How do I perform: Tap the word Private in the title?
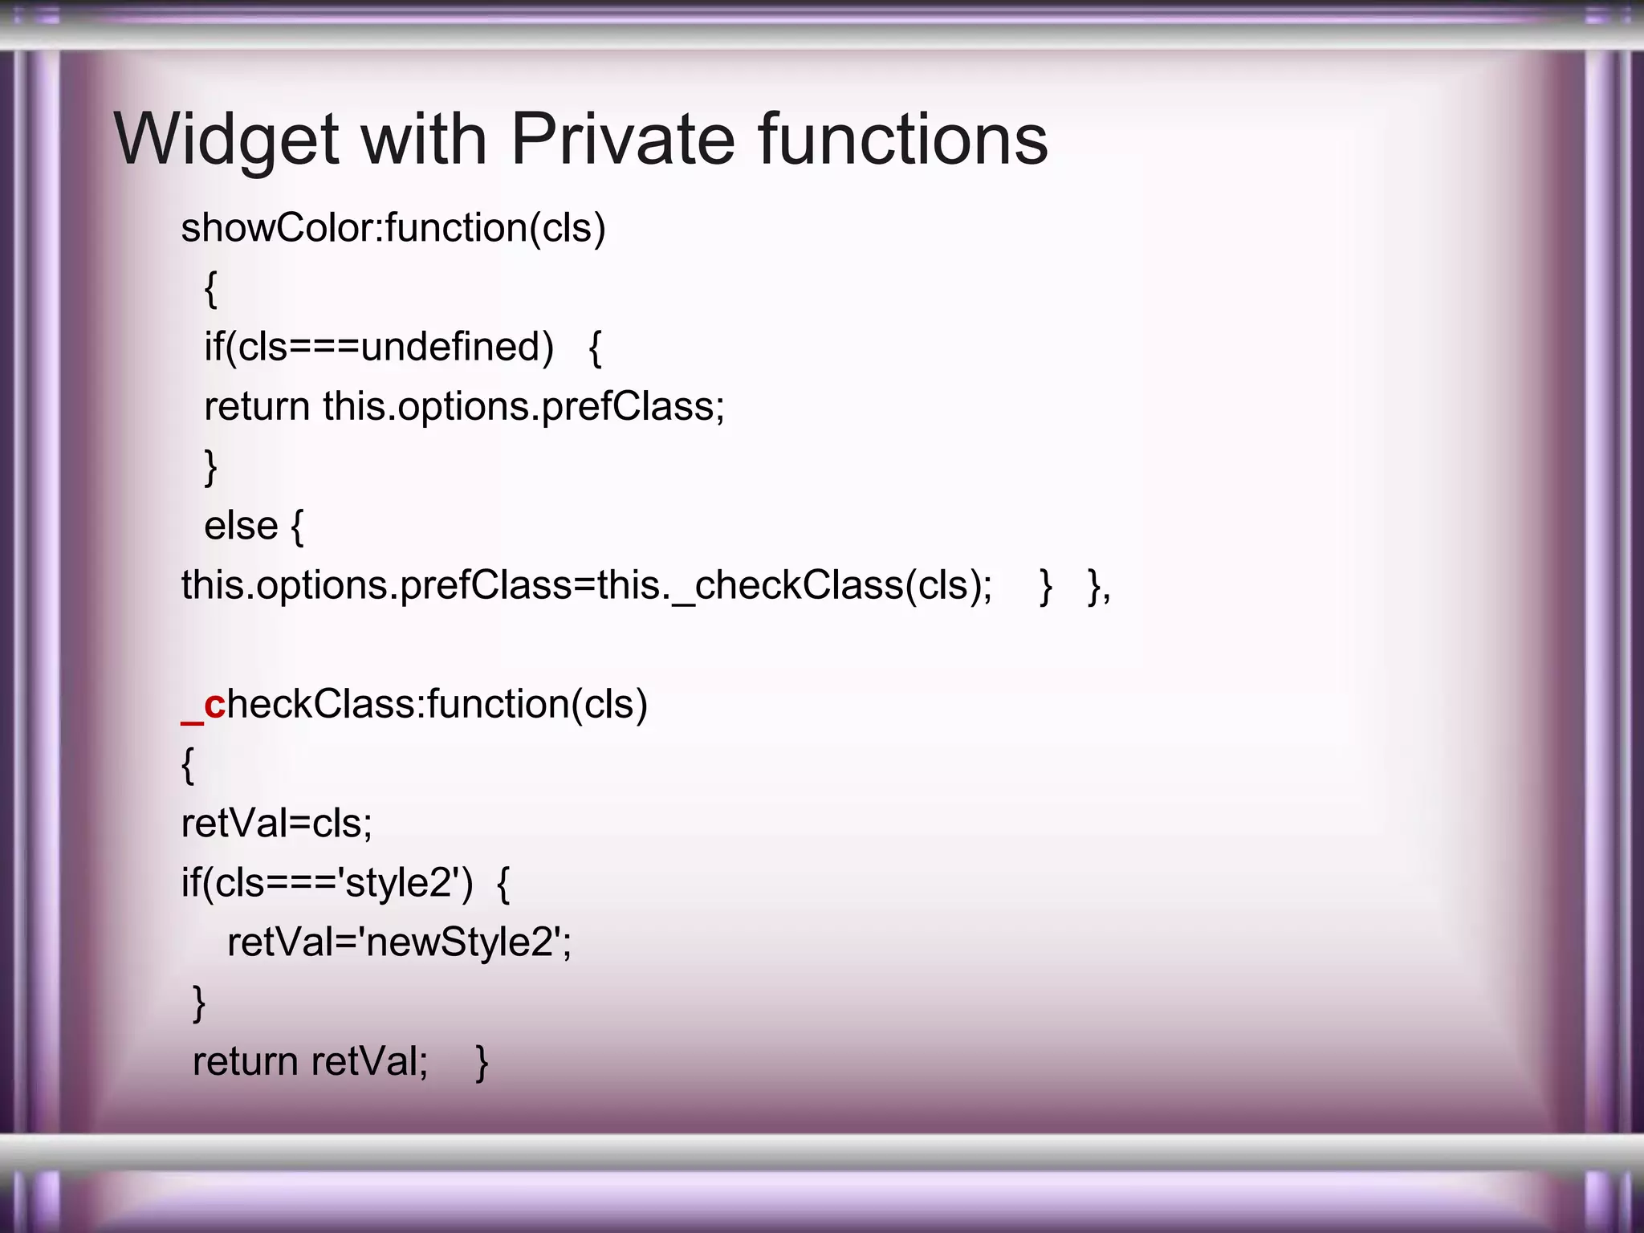(x=622, y=140)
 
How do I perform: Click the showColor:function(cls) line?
(x=393, y=229)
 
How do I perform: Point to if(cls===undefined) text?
(x=379, y=348)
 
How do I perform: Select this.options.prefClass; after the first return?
(x=523, y=407)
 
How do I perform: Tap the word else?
(x=241, y=527)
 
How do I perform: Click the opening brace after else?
(x=297, y=528)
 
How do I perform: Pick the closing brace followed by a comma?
(x=1096, y=587)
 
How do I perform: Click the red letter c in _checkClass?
(x=214, y=705)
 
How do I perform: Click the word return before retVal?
(x=246, y=1061)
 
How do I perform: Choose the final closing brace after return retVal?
(x=482, y=1063)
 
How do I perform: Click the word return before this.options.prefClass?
(x=257, y=407)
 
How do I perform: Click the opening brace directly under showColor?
(x=210, y=289)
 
